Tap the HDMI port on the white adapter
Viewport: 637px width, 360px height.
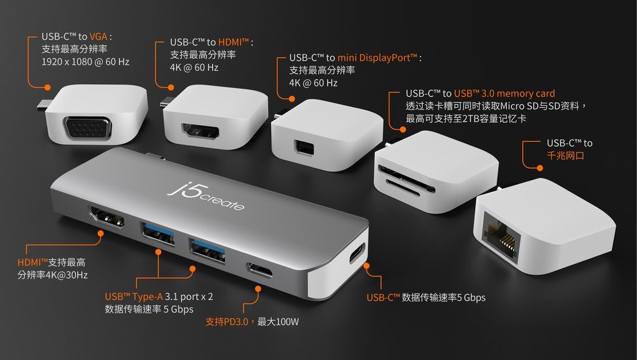201,131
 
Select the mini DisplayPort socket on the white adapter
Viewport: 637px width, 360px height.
304,147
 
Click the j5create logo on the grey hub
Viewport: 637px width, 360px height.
205,197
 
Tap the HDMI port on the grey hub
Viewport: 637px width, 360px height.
106,217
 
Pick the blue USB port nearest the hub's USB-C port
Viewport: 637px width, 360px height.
207,251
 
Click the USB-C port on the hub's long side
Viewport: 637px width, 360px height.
259,270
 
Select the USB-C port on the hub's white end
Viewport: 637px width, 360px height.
357,253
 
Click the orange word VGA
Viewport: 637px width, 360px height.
98,37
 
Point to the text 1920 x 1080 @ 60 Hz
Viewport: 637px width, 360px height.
85,62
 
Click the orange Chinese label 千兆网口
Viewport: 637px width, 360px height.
565,156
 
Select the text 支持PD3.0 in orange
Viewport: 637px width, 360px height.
227,322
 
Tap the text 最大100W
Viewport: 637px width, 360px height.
278,322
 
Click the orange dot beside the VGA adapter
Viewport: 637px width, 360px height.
47,87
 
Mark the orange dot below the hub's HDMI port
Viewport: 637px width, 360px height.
100,233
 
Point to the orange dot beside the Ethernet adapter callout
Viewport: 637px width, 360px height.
539,168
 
